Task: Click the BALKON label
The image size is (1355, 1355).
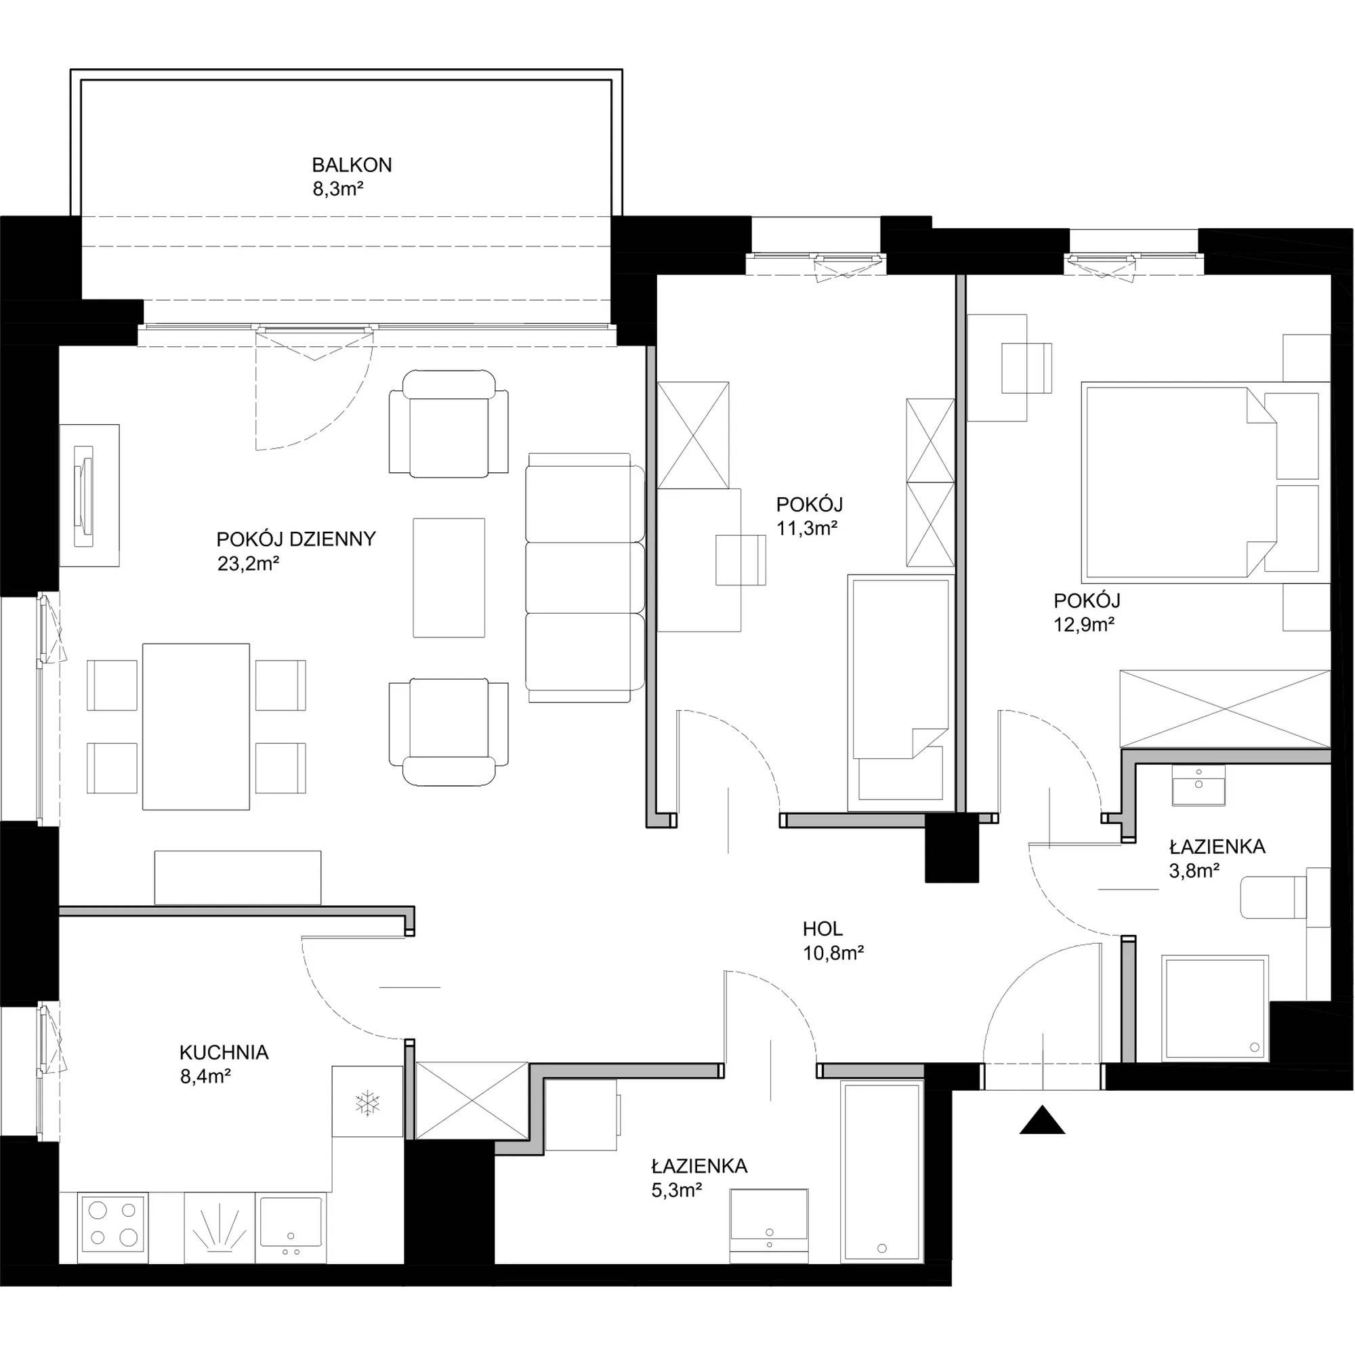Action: (x=352, y=165)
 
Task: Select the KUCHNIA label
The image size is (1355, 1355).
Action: (x=224, y=1053)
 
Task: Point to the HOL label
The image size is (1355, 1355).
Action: (x=822, y=930)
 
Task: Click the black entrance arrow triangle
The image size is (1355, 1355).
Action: (x=1042, y=1120)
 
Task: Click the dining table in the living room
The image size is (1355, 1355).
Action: (x=196, y=726)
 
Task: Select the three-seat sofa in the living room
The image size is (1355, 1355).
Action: (x=585, y=577)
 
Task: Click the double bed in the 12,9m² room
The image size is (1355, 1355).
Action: (x=1206, y=481)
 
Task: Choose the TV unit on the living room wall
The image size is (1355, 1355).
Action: (x=89, y=496)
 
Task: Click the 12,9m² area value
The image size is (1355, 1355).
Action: (x=1084, y=624)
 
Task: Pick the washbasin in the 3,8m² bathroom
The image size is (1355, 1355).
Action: (x=1198, y=785)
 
